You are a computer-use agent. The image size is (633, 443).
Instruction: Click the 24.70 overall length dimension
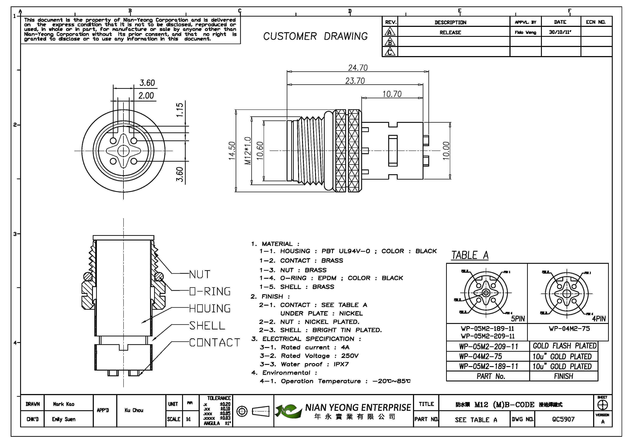coord(358,67)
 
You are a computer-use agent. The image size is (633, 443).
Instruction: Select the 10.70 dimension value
coord(392,94)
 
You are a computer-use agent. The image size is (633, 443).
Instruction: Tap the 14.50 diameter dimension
coord(232,151)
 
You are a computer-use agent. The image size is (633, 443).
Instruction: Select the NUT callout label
coord(200,274)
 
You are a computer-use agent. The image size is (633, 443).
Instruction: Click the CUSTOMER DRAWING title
coord(315,36)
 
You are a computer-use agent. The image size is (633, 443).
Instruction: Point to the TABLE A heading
coord(470,255)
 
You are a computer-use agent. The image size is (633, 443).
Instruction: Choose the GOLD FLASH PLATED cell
coord(564,346)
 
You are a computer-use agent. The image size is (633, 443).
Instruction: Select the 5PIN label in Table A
coord(518,319)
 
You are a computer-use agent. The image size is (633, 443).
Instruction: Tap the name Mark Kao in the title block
coord(64,404)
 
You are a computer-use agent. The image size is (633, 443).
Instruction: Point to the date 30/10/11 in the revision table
coord(560,32)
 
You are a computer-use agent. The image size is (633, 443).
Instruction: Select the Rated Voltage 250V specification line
coord(309,356)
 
